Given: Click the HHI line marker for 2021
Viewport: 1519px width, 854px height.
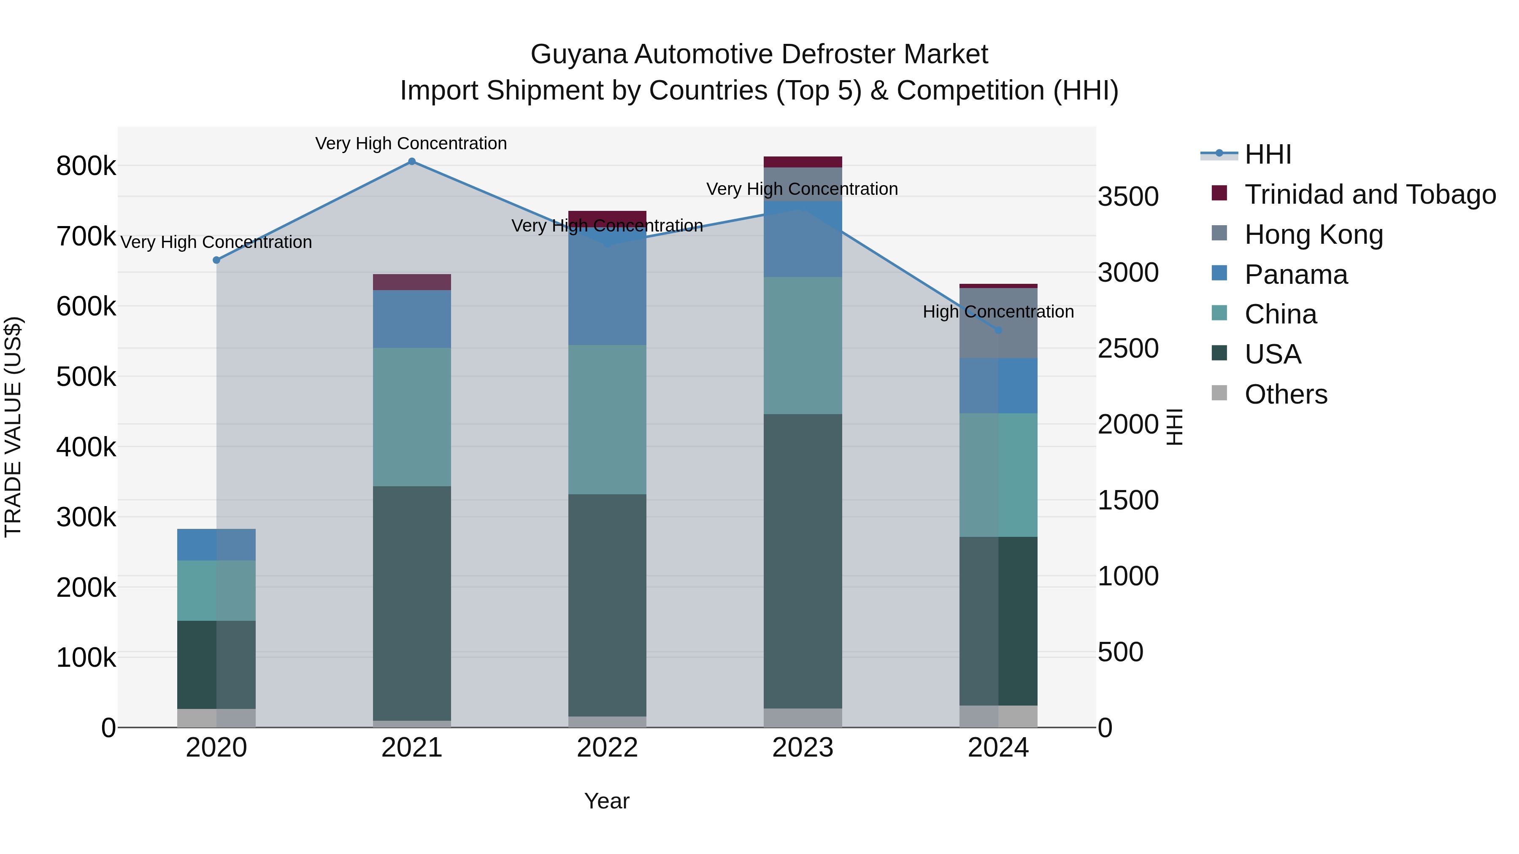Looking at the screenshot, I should point(411,162).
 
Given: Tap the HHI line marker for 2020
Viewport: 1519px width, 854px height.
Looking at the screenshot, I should point(216,260).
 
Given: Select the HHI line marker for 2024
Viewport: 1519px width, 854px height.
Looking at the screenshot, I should point(998,330).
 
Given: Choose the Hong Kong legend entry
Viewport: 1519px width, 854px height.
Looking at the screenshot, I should point(1313,234).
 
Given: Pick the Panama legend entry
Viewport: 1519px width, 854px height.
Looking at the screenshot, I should point(1295,275).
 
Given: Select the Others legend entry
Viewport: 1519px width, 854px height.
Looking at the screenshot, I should point(1286,394).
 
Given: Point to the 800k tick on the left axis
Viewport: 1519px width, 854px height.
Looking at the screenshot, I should point(86,166).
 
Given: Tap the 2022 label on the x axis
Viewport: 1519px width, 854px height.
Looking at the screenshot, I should point(607,748).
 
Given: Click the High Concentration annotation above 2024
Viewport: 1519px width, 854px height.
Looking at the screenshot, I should point(998,312).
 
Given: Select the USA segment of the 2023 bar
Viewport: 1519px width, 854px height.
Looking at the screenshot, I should point(803,560).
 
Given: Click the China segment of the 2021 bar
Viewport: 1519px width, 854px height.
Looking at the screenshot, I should point(411,417).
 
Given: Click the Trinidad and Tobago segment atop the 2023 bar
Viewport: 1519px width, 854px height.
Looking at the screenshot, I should point(803,162).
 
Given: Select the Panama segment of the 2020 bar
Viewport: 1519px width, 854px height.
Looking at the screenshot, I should point(216,544).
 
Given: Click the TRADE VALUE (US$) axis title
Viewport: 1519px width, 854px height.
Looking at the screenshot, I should point(13,427).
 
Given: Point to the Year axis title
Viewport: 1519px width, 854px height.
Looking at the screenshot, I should point(607,801).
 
